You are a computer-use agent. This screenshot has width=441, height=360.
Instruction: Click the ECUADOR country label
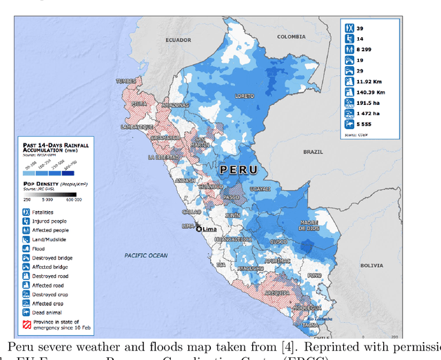pyautogui.click(x=178, y=40)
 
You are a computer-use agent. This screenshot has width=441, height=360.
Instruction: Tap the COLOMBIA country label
pyautogui.click(x=291, y=36)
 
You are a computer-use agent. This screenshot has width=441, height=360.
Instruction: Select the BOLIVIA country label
pyautogui.click(x=371, y=265)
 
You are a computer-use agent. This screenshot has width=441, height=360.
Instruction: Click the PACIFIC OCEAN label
pyautogui.click(x=146, y=255)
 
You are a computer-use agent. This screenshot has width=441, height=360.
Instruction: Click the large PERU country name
pyautogui.click(x=238, y=170)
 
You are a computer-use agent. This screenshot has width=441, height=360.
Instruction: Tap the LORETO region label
pyautogui.click(x=245, y=97)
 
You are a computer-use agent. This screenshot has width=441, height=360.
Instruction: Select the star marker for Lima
pyautogui.click(x=199, y=229)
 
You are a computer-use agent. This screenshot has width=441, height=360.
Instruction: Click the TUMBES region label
pyautogui.click(x=126, y=81)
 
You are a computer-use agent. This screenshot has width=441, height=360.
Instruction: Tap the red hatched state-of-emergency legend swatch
pyautogui.click(x=25, y=324)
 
